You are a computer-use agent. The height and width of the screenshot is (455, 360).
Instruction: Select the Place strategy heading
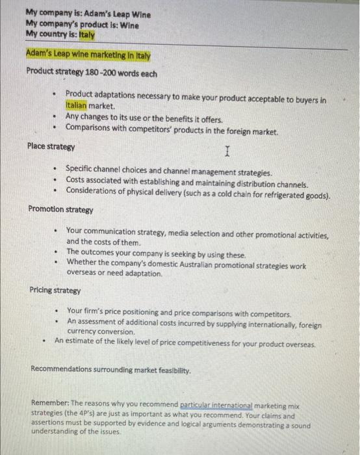(51, 146)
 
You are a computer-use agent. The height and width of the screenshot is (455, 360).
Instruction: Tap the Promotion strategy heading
(60, 209)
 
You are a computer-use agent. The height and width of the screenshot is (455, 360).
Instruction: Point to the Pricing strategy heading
(55, 291)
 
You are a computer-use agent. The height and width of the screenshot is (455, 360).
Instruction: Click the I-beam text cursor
(226, 152)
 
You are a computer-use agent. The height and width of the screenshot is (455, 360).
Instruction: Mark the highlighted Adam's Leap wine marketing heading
(88, 55)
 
